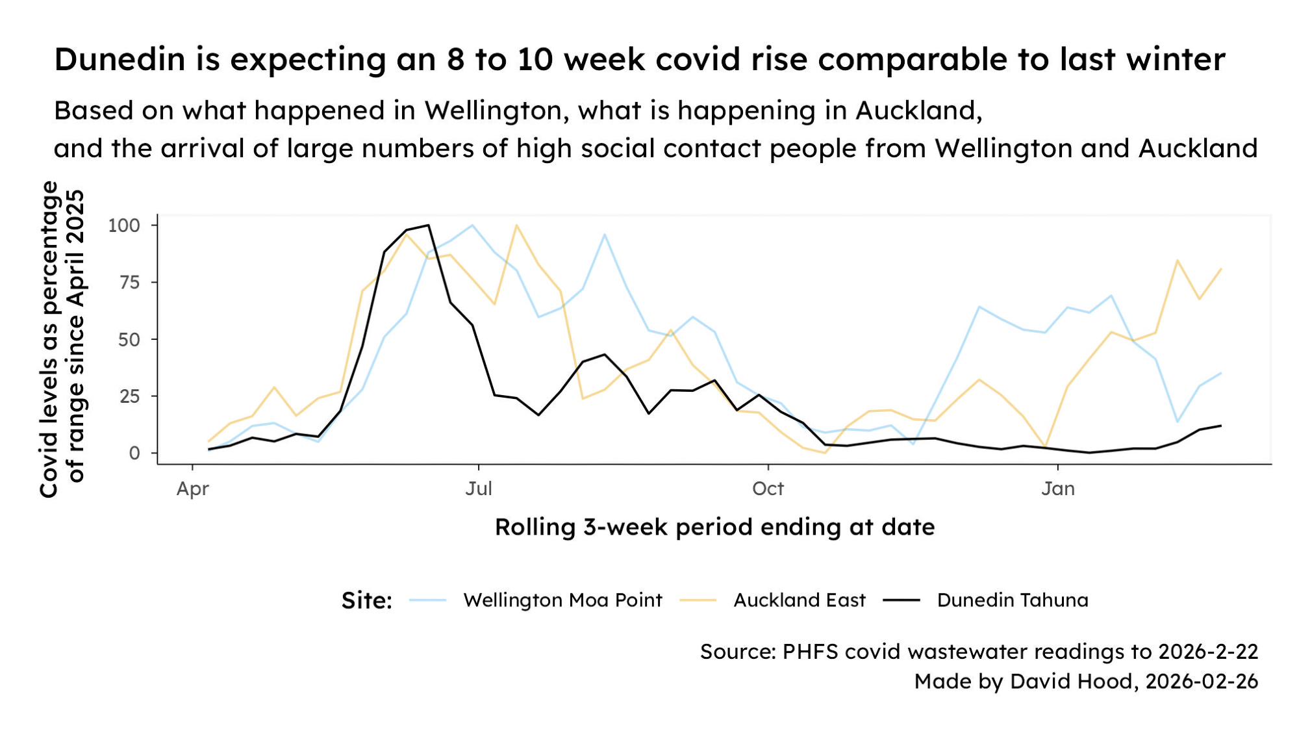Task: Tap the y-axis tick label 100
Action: [124, 225]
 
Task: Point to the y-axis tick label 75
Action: [129, 282]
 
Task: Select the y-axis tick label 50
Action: [129, 339]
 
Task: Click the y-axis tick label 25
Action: [129, 396]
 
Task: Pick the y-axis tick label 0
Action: [134, 453]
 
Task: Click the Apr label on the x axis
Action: [192, 489]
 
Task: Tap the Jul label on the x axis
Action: [479, 489]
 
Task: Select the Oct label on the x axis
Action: [768, 489]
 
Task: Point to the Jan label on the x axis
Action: [1058, 489]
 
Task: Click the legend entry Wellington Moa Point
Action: [562, 600]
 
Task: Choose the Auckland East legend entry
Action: [799, 600]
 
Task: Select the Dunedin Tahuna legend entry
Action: [1012, 600]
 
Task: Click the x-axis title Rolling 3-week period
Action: [714, 527]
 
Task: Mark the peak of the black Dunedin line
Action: [428, 225]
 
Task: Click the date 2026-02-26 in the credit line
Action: [1202, 681]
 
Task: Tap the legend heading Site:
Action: [367, 600]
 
